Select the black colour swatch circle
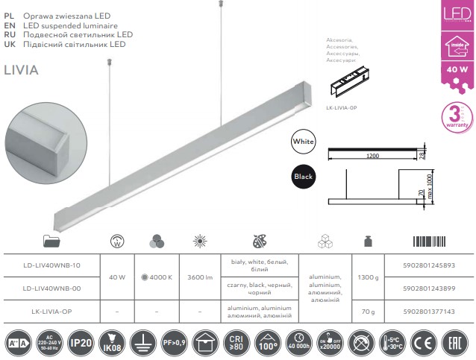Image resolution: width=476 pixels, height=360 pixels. pos(304,177)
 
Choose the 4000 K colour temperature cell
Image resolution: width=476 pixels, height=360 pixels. pos(156,278)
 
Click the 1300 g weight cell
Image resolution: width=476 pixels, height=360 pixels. pos(369,278)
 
